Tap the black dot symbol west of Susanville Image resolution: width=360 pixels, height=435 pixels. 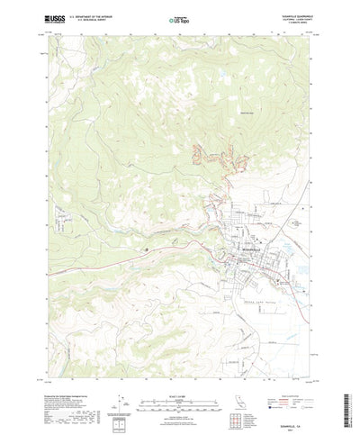147,239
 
